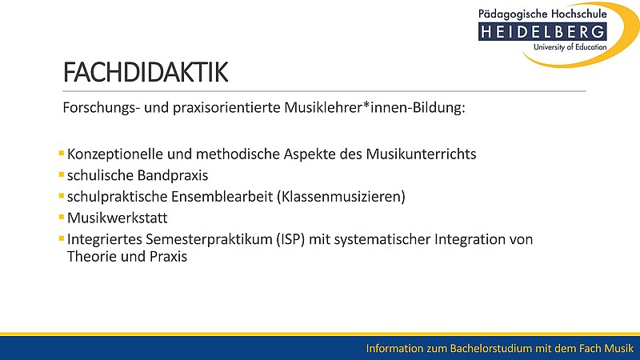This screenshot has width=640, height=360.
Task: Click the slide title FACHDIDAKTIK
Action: (x=146, y=72)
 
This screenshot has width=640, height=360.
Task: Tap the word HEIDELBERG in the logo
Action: (x=542, y=32)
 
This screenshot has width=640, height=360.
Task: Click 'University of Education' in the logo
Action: (x=570, y=47)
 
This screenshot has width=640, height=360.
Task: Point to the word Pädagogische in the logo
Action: (x=513, y=14)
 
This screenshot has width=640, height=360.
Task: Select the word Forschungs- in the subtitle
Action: (x=102, y=108)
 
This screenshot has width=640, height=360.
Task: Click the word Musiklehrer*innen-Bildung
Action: (x=374, y=108)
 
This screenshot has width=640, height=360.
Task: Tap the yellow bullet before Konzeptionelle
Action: (x=62, y=154)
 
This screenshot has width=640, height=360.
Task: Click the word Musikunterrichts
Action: (x=421, y=154)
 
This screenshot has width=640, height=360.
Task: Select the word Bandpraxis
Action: (x=172, y=175)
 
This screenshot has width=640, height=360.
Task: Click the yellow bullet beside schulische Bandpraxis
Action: (x=62, y=174)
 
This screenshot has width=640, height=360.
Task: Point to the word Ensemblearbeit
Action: (x=222, y=197)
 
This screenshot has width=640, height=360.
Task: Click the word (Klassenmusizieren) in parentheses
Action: (x=341, y=197)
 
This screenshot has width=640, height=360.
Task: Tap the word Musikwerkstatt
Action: (x=117, y=218)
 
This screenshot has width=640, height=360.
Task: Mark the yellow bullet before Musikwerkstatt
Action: (x=62, y=217)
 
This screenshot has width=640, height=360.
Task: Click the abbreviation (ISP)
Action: (x=290, y=239)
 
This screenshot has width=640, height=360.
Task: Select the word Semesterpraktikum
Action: (x=209, y=239)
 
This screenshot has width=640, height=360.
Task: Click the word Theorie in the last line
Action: (x=92, y=256)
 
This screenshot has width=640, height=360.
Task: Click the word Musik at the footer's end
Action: (x=618, y=349)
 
